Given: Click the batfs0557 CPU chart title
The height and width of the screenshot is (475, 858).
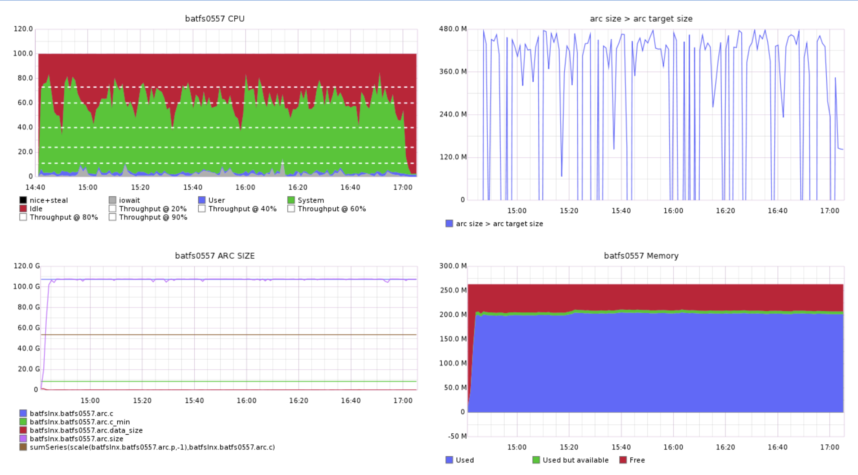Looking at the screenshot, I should pyautogui.click(x=214, y=19).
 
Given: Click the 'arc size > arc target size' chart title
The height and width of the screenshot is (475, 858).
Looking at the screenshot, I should pyautogui.click(x=641, y=19).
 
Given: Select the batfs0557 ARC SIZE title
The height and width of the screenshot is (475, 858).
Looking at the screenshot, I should pyautogui.click(x=214, y=256).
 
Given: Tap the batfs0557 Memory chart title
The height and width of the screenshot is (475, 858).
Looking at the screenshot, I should pyautogui.click(x=641, y=256).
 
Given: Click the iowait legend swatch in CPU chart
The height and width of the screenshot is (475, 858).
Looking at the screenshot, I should pyautogui.click(x=112, y=200).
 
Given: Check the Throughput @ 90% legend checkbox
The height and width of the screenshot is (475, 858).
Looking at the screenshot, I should pyautogui.click(x=112, y=217).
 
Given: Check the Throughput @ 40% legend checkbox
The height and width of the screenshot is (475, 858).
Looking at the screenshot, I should pyautogui.click(x=202, y=209).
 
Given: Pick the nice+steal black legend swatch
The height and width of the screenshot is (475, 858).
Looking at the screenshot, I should pyautogui.click(x=23, y=200).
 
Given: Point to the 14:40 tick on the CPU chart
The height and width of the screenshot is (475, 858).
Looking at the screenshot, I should pyautogui.click(x=35, y=187).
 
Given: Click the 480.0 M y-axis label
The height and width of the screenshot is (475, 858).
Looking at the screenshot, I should pyautogui.click(x=452, y=29).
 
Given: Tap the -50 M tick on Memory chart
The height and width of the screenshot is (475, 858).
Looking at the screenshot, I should pyautogui.click(x=457, y=436).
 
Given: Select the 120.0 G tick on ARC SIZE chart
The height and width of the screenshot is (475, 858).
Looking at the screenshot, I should pyautogui.click(x=27, y=266).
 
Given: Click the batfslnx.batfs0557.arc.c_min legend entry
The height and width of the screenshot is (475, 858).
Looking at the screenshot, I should pyautogui.click(x=80, y=422).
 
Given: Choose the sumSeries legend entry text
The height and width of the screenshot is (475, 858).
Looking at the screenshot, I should pyautogui.click(x=152, y=447).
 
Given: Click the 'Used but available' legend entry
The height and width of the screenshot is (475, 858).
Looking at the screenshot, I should pyautogui.click(x=575, y=460).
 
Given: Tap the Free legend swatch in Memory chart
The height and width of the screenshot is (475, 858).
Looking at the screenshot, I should pyautogui.click(x=623, y=460).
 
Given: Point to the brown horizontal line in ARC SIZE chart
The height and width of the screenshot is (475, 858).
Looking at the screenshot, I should pyautogui.click(x=230, y=335).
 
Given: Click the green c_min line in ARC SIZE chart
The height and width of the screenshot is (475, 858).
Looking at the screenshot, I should pyautogui.click(x=230, y=381).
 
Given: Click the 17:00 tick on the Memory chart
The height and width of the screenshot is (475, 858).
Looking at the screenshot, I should pyautogui.click(x=830, y=447).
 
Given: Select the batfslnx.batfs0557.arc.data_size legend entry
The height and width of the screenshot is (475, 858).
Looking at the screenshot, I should pyautogui.click(x=86, y=430).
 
